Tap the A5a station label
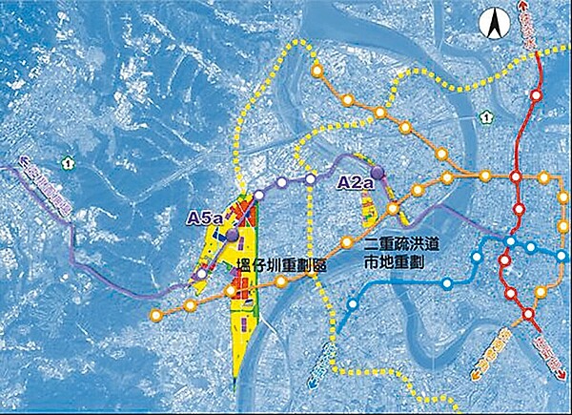click(x=205, y=218)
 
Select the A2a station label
click(x=356, y=178)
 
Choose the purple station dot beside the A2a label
click(x=378, y=173)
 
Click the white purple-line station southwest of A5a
click(x=203, y=274)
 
